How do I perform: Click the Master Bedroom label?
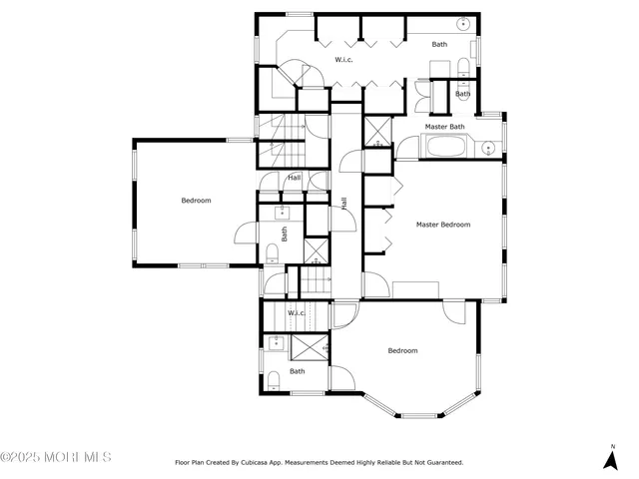tap(442, 225)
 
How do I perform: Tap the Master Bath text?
tap(444, 127)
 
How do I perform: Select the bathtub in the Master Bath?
tap(443, 150)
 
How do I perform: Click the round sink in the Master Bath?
tap(488, 149)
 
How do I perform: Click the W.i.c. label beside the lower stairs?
tap(297, 313)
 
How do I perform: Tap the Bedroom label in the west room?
tap(196, 201)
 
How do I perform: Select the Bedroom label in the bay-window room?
tap(402, 350)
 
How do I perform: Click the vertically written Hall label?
tap(344, 203)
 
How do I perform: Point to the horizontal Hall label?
tap(294, 178)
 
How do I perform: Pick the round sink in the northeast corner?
tap(464, 23)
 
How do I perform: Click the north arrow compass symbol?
tap(610, 458)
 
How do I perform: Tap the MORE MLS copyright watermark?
tap(56, 458)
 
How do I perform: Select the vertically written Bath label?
tap(285, 235)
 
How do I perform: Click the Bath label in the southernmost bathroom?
tap(298, 371)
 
